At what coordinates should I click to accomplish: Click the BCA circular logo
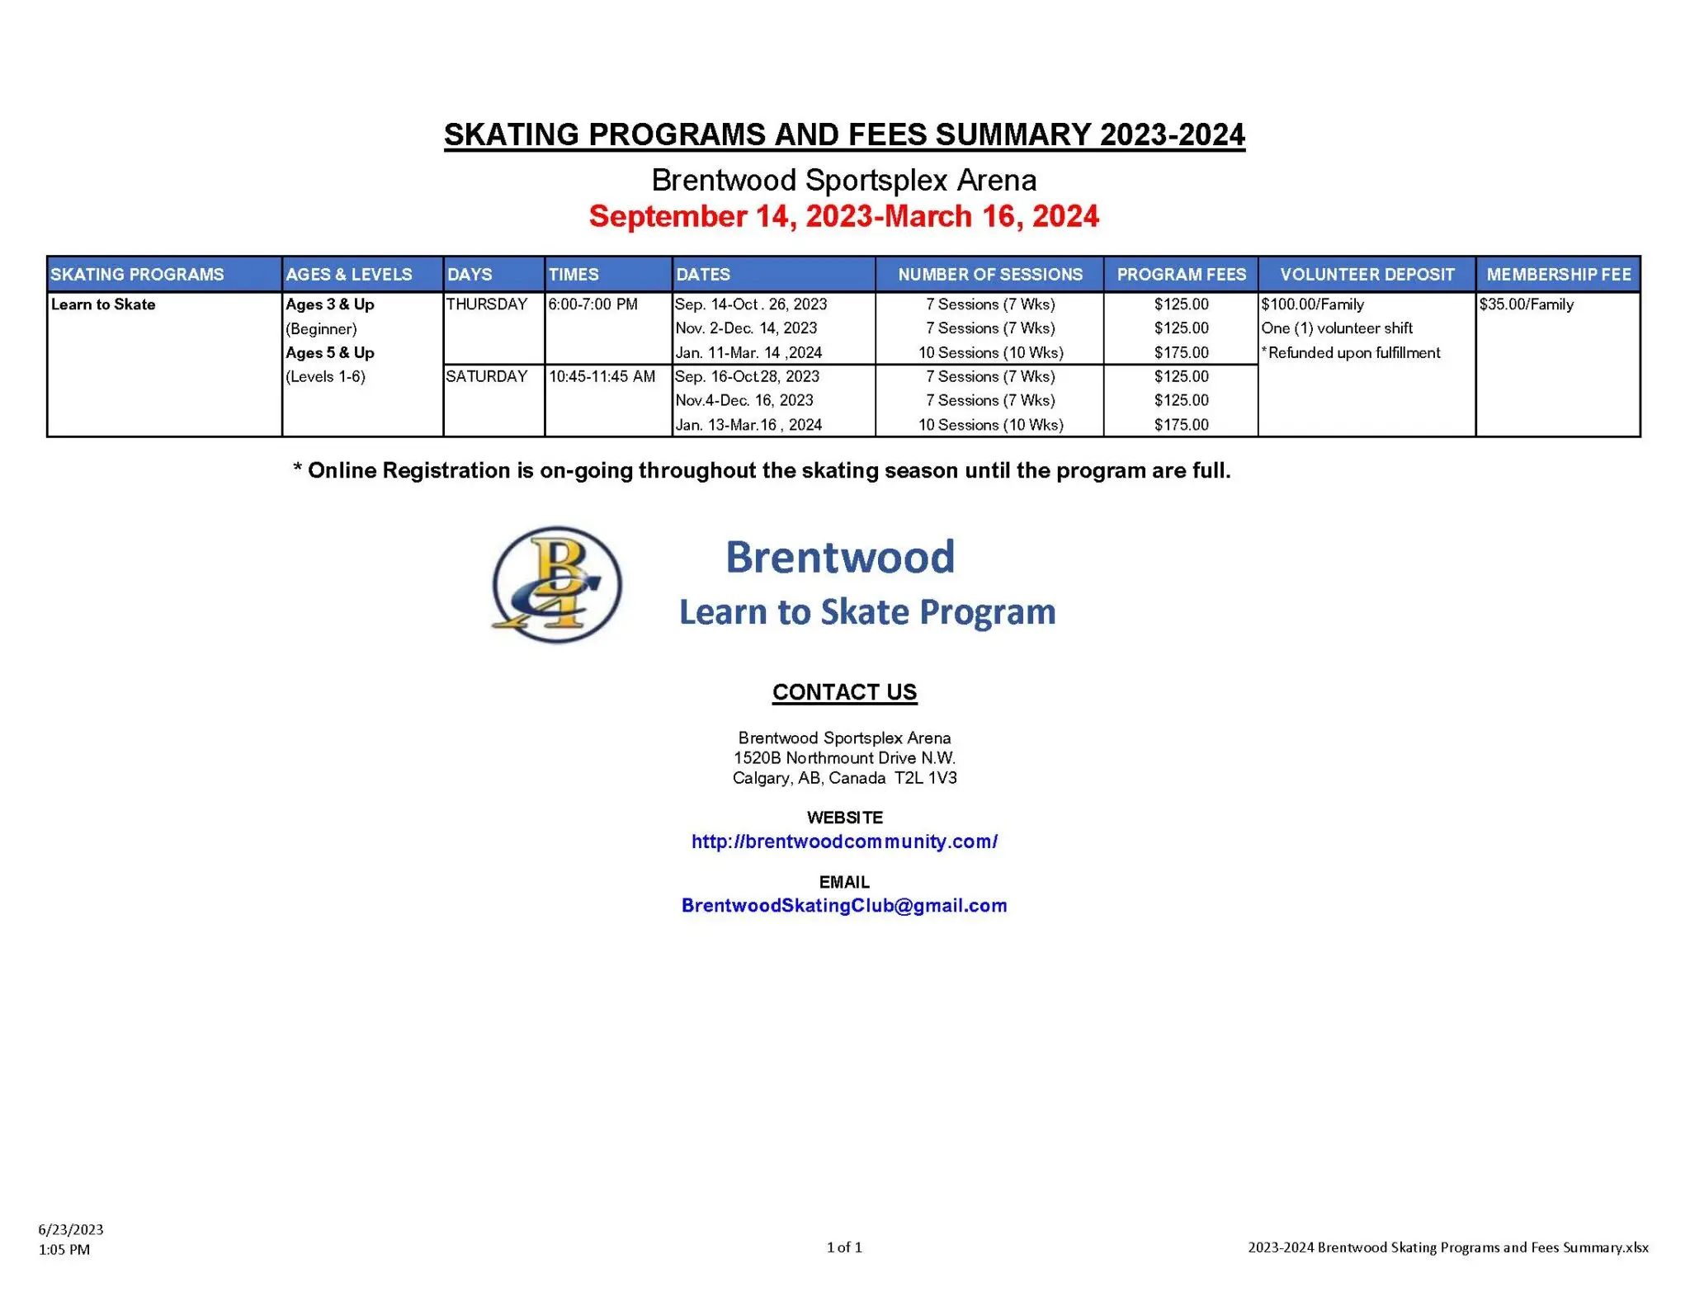[x=556, y=585]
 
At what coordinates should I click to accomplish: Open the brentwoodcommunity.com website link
[x=844, y=842]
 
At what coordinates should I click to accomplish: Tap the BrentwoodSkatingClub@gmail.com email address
[x=844, y=906]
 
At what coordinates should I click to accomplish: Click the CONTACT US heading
[x=844, y=692]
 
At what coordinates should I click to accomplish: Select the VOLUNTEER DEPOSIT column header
[x=1367, y=275]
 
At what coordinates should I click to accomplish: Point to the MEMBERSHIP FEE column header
[x=1558, y=275]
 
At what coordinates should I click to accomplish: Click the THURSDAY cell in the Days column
[x=486, y=304]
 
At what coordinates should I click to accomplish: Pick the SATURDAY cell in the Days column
[x=486, y=377]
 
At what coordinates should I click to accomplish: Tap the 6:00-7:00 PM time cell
[x=592, y=304]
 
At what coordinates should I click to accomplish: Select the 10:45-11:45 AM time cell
[x=602, y=377]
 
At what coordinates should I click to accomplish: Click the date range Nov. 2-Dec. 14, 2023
[x=746, y=328]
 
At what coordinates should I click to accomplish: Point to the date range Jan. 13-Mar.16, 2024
[x=748, y=425]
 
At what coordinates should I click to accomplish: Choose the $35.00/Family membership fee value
[x=1526, y=304]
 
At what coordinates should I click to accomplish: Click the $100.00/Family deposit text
[x=1312, y=304]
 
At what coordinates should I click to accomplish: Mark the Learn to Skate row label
[x=103, y=304]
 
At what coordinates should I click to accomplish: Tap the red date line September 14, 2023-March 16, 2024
[x=843, y=216]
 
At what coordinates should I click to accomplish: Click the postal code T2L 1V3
[x=926, y=778]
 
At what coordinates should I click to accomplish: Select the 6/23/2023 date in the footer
[x=71, y=1229]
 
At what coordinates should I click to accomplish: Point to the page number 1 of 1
[x=844, y=1247]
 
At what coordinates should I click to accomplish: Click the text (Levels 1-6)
[x=325, y=377]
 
